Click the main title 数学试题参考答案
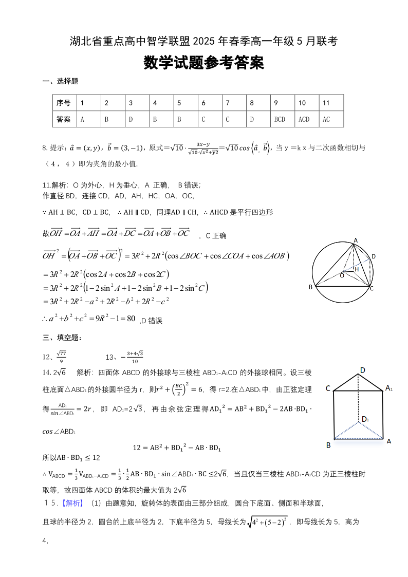[x=203, y=63]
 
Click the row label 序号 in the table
[x=64, y=103]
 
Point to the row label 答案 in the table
[x=64, y=119]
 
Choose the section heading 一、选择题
[x=60, y=81]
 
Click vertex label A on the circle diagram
[x=355, y=240]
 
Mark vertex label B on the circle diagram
[x=310, y=287]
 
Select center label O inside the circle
[x=342, y=275]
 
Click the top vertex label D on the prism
[x=362, y=370]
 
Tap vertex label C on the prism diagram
[x=328, y=388]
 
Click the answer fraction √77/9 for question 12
[x=62, y=357]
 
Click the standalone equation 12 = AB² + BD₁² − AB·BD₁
[x=177, y=448]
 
